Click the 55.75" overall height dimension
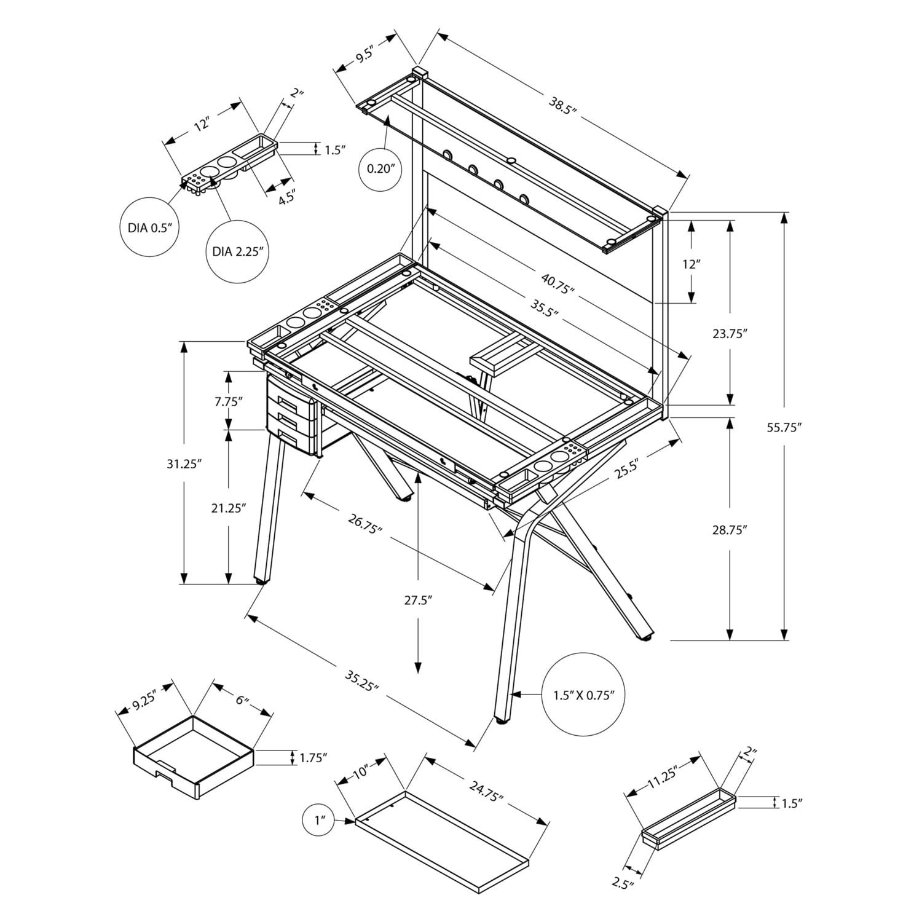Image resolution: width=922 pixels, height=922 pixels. [x=784, y=428]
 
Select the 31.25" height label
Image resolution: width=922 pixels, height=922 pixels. [x=184, y=465]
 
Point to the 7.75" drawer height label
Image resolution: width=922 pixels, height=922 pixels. [x=229, y=401]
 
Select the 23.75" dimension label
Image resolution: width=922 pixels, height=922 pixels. [x=729, y=334]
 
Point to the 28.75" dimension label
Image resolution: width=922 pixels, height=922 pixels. [x=729, y=530]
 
